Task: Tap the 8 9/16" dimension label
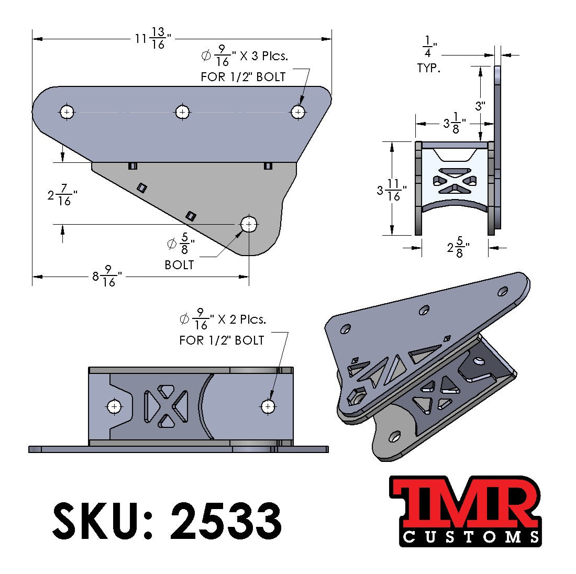tap(104, 276)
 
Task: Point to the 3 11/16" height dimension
tap(389, 191)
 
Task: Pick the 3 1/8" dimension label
tap(451, 124)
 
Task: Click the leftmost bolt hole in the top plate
tap(67, 112)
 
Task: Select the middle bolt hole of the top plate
tap(182, 112)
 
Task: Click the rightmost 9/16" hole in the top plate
tap(298, 112)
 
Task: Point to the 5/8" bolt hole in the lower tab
tap(249, 224)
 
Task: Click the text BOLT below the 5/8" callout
tap(179, 265)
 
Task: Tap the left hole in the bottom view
tap(114, 406)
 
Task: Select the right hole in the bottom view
tap(268, 406)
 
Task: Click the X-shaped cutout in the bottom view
tap(165, 406)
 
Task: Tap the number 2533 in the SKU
tap(225, 521)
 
